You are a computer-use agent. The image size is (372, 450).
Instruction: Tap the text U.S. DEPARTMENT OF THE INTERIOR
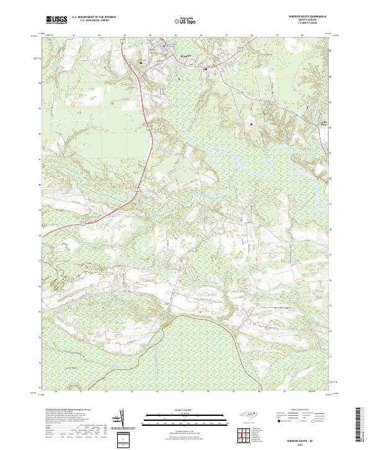94,18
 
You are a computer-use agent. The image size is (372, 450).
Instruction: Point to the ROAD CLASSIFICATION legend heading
304,410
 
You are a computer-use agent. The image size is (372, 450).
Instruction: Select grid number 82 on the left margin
41,133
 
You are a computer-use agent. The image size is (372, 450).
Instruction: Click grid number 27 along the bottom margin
233,392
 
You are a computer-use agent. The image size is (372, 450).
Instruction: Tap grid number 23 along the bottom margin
132,392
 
